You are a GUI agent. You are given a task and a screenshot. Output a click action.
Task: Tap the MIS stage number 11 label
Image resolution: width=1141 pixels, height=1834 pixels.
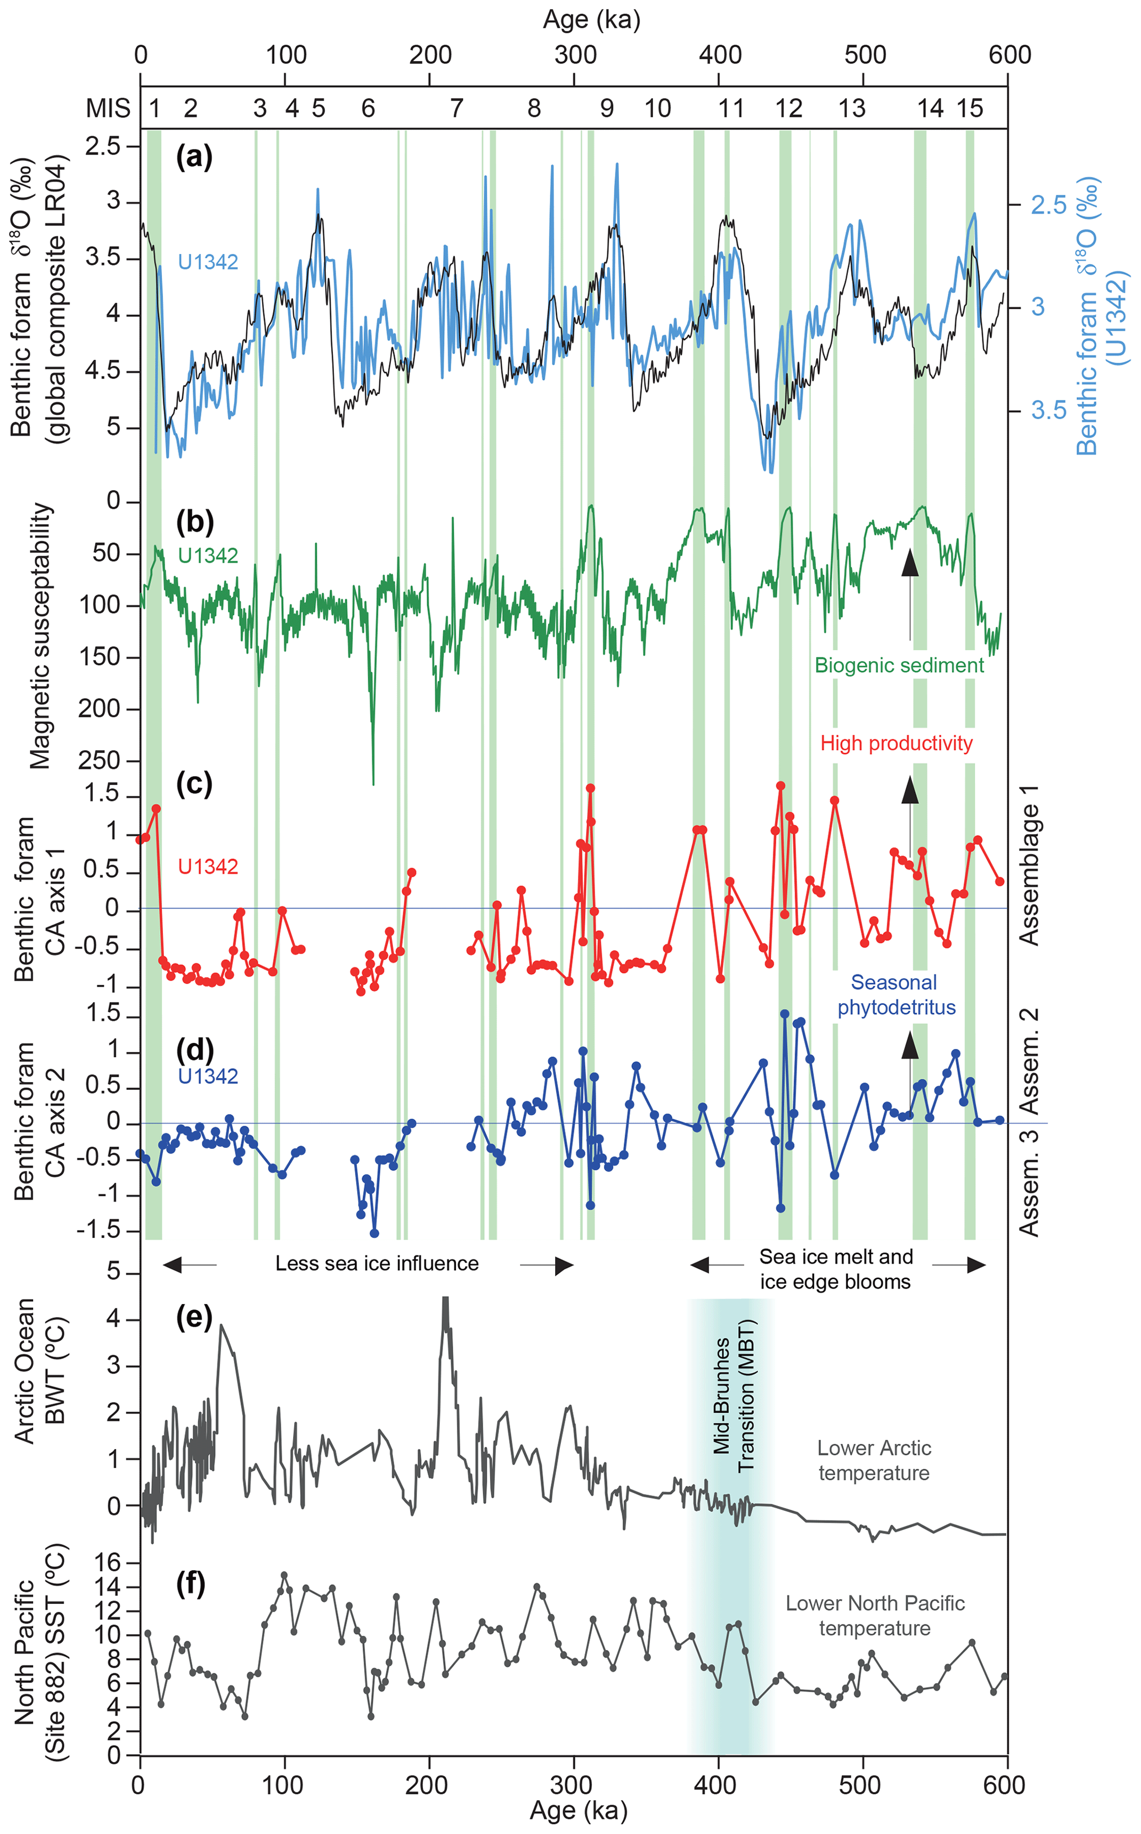point(730,109)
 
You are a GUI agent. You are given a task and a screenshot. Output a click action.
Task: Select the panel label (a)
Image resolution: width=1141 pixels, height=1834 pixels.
point(194,156)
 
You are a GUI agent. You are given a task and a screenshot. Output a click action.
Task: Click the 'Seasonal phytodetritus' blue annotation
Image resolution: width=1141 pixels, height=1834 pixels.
point(896,995)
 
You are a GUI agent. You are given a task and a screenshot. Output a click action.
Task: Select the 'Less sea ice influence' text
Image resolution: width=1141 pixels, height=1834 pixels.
point(376,1263)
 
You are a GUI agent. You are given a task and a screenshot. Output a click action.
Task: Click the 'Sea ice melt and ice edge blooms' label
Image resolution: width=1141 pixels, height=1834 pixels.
point(835,1269)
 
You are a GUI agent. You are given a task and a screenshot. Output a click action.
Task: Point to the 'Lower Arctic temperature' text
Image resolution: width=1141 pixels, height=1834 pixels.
point(874,1460)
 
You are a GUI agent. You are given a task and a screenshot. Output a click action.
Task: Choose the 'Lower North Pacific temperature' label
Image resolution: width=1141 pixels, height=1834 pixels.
point(874,1615)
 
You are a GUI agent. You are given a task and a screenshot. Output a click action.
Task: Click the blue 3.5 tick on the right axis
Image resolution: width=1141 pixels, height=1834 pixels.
point(1048,410)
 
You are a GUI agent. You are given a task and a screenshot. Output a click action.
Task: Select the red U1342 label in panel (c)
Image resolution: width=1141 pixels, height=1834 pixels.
point(208,866)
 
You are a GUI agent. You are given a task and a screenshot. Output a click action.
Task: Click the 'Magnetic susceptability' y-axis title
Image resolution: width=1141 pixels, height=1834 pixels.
point(41,635)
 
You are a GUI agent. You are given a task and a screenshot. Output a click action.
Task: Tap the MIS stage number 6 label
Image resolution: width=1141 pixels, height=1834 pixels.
point(368,109)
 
